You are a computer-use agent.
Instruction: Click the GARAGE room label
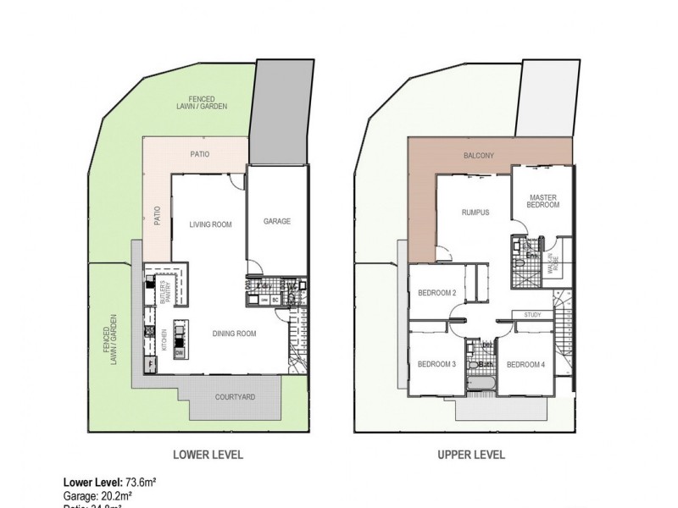pos(277,221)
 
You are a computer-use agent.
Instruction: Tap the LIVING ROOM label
pos(209,224)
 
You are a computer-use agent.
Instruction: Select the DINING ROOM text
pos(234,334)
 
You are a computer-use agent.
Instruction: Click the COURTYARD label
pos(235,396)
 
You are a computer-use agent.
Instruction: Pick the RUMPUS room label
pos(476,213)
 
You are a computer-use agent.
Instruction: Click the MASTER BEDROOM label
pos(543,200)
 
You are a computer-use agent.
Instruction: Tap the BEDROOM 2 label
pos(437,294)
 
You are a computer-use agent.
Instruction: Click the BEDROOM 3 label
pos(437,365)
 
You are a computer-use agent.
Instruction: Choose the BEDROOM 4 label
pos(525,365)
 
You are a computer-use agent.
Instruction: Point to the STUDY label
pos(532,315)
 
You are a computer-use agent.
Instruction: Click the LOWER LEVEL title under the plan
pos(208,455)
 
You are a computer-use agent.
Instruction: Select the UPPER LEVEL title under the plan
pos(471,455)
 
